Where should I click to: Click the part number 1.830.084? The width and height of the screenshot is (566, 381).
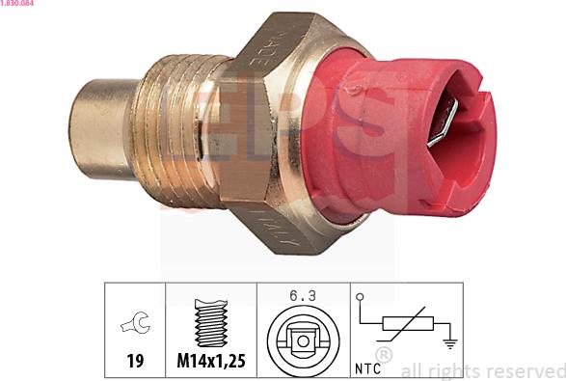(20, 5)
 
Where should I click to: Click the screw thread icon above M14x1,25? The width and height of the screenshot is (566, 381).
(210, 323)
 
